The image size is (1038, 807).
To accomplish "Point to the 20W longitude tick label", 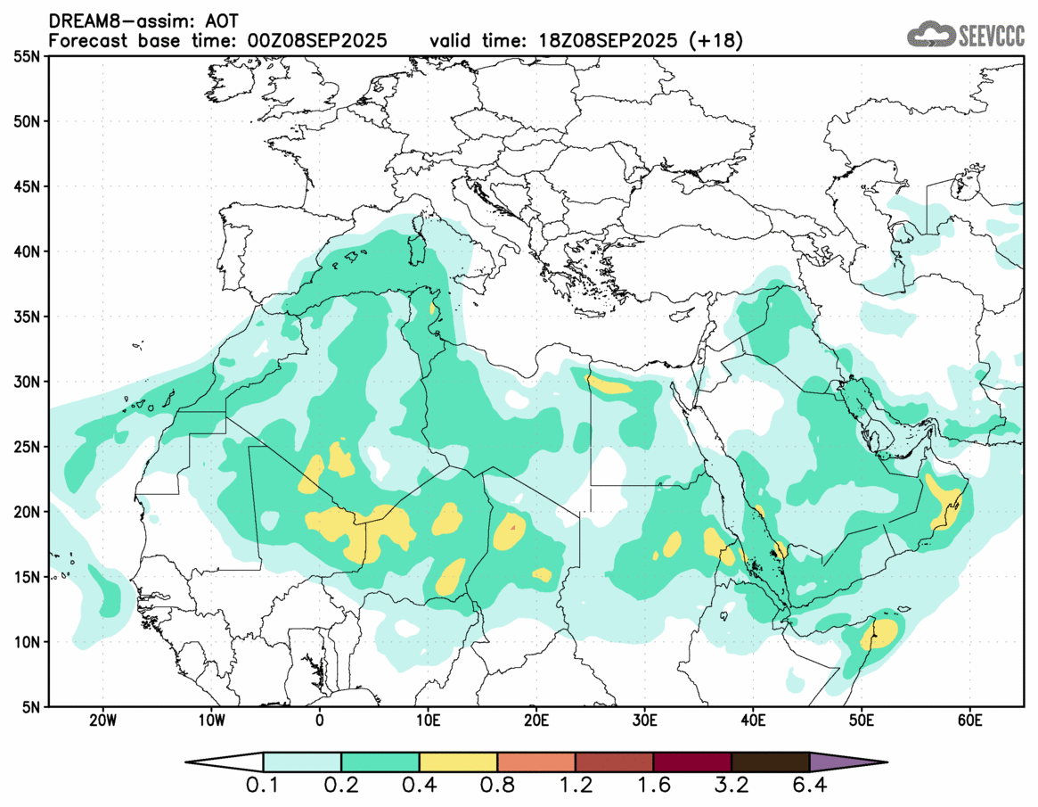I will (x=102, y=720).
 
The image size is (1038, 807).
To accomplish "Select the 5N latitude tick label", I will (x=30, y=706).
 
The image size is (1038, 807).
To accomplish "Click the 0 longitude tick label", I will (x=319, y=720).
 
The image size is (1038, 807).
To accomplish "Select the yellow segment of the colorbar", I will (x=458, y=762).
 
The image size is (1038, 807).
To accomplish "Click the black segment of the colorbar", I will (x=770, y=762).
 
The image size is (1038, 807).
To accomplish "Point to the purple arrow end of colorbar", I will (x=846, y=762).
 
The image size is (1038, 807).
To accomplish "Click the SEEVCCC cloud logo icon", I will (x=930, y=35).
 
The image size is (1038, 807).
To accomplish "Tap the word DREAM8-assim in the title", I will (x=110, y=20).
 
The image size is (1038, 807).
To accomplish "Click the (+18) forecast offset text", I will (x=715, y=40).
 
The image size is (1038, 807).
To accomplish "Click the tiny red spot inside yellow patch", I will (x=513, y=527).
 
